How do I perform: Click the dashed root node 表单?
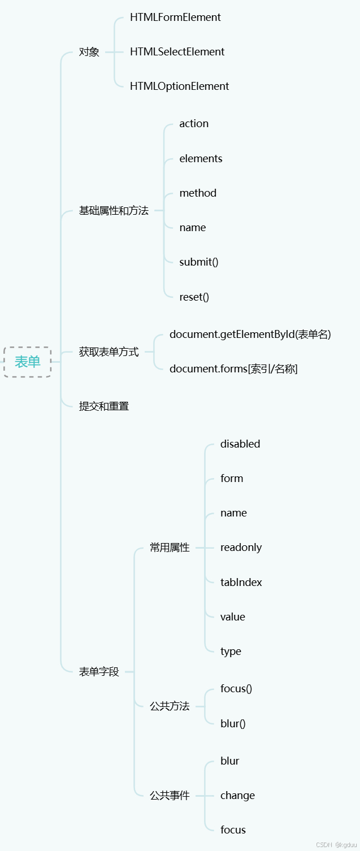click(27, 362)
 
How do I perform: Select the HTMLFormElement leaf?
click(175, 18)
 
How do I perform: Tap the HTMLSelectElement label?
click(177, 52)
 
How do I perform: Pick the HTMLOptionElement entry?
click(179, 86)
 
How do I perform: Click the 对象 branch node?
click(89, 52)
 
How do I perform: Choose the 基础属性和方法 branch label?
click(114, 211)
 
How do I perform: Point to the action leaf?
click(194, 124)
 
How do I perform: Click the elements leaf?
click(201, 159)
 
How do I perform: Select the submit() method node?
click(198, 262)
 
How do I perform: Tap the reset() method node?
click(194, 297)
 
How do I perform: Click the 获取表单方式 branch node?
click(109, 352)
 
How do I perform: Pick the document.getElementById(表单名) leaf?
click(250, 335)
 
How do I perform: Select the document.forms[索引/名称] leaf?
click(233, 369)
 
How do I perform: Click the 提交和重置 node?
click(104, 406)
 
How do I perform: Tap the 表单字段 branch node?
click(99, 672)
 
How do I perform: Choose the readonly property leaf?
click(241, 548)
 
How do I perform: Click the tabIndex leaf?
click(241, 583)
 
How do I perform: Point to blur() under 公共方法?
click(233, 723)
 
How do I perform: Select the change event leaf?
click(237, 796)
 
